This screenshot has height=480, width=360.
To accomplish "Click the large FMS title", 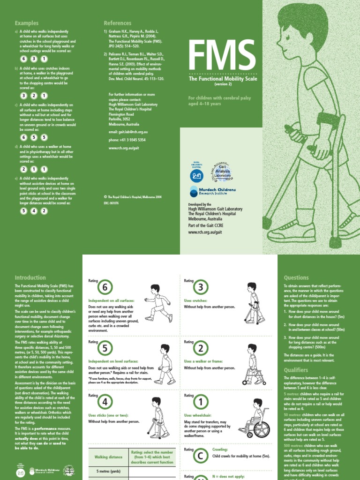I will click(x=219, y=56).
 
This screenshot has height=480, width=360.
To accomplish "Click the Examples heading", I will click(x=27, y=23).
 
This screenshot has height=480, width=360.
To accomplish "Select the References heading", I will click(x=118, y=23).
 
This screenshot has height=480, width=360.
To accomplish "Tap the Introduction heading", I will click(x=30, y=277).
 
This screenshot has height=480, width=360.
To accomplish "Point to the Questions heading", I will click(x=296, y=277).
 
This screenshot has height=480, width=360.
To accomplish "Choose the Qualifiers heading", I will click(x=296, y=370).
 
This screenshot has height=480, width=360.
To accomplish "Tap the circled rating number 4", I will click(x=105, y=403).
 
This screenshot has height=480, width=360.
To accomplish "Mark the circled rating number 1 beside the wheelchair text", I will click(x=201, y=403).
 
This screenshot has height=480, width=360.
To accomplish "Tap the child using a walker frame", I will click(x=252, y=364).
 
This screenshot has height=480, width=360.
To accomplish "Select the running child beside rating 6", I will click(x=157, y=303).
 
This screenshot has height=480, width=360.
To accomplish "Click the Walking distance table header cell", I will click(x=109, y=457).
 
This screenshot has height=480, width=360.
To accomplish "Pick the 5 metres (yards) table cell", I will click(x=109, y=472).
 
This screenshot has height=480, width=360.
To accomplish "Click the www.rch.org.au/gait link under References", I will click(x=124, y=148).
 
